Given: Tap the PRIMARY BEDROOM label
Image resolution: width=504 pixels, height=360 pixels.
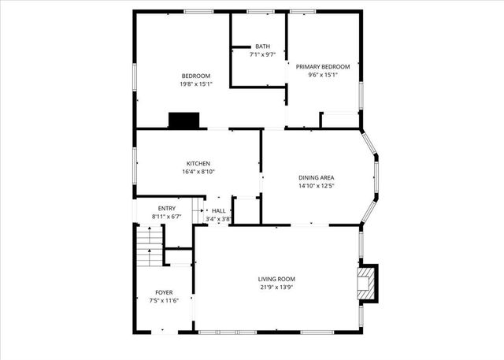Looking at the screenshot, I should coord(323,67).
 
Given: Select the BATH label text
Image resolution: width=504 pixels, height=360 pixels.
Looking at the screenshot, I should coord(262,46).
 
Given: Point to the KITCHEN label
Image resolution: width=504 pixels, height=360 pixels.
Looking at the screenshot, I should coord(198,163).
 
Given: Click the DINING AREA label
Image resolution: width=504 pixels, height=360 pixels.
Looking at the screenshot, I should coord(317,178).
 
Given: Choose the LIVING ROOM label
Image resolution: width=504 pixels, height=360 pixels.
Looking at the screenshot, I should coord(276,279).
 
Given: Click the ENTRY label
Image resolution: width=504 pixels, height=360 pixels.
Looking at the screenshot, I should coord(166,208).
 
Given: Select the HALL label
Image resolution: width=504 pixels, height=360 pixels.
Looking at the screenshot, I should coord(218,210).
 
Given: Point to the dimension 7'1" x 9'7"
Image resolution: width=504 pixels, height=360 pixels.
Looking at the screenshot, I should coord(262,55).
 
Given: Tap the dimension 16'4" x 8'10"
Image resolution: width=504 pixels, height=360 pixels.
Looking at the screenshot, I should coord(198,172).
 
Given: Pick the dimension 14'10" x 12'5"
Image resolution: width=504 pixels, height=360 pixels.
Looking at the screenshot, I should coord(317,187).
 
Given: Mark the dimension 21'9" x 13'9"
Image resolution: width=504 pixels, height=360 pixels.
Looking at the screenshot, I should coord(276,288).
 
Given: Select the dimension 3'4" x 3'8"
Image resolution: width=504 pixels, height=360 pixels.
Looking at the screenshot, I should coord(218,219).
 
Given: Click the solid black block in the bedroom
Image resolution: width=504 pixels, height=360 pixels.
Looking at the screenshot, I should coord(184,121).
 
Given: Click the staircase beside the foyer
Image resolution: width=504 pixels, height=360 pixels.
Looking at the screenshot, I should coord(148,247).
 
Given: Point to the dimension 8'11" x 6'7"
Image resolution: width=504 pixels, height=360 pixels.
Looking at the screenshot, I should coord(166,216).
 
